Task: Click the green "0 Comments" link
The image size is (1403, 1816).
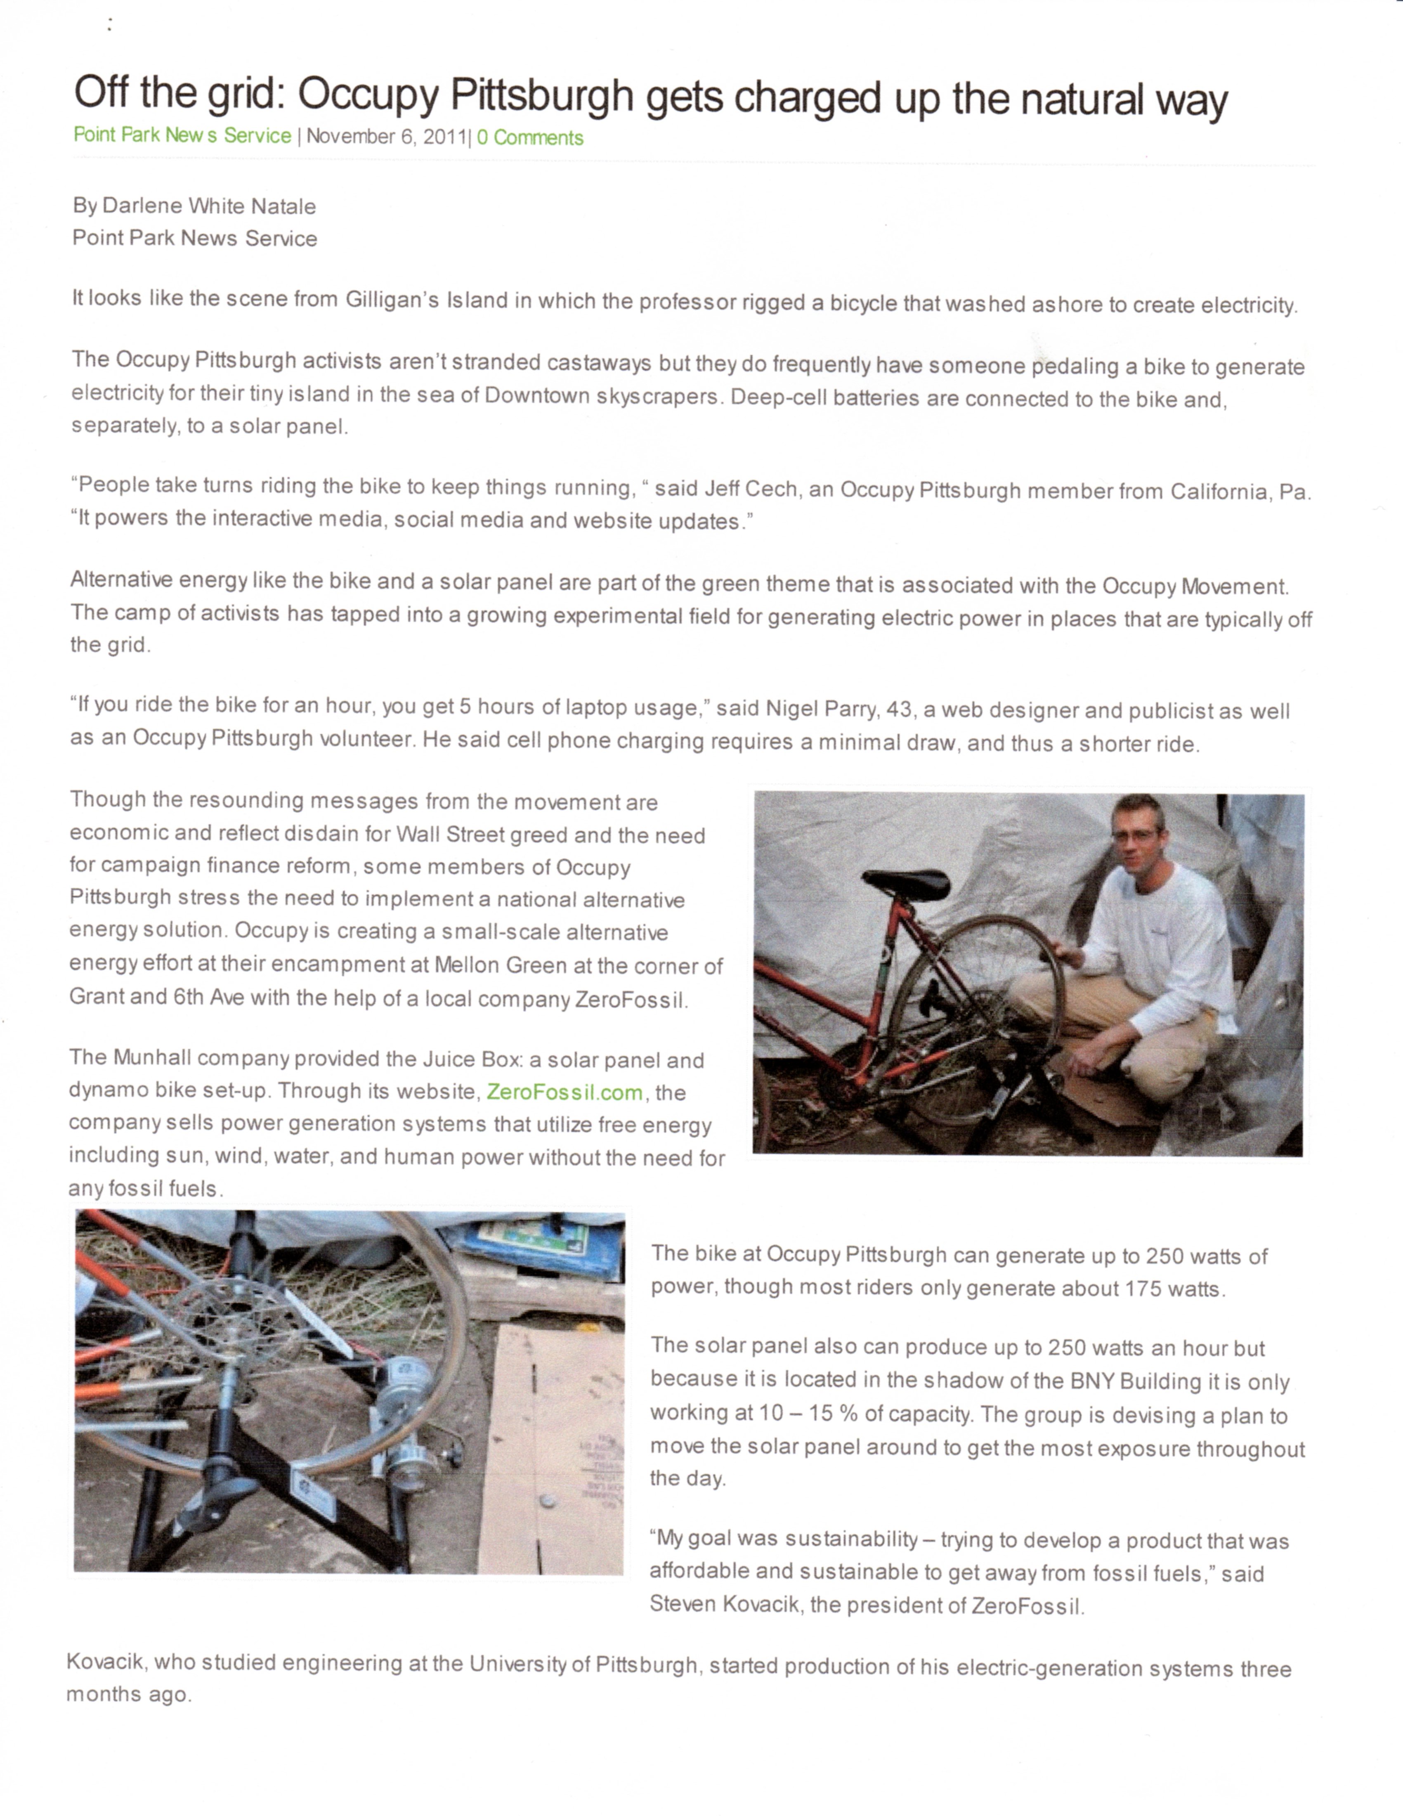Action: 530,138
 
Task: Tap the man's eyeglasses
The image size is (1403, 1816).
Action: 1134,835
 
